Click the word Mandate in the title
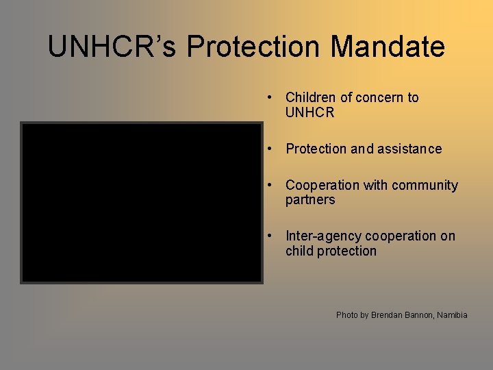(388, 47)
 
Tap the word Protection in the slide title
(253, 47)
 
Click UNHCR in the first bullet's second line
(309, 112)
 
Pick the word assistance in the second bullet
(410, 149)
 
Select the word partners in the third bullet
(310, 200)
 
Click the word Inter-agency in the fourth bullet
(323, 236)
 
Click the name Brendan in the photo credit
(388, 315)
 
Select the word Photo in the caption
(346, 315)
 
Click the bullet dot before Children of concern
(272, 97)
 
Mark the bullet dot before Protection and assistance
(272, 149)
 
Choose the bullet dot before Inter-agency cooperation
(272, 236)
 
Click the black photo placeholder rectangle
(142, 203)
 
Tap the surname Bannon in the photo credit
(420, 315)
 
